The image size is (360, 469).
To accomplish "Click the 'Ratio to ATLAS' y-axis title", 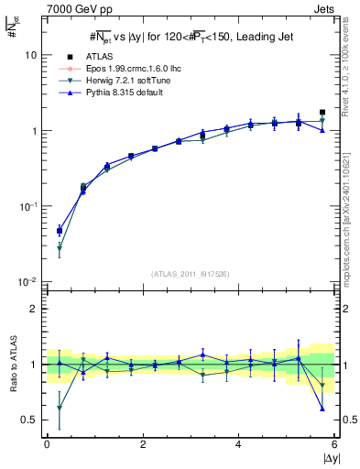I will click(13, 364).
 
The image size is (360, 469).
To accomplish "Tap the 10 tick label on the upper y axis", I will click(30, 55).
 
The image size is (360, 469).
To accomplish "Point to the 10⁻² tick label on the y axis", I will click(27, 282).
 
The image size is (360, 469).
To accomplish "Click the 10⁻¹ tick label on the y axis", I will click(27, 206).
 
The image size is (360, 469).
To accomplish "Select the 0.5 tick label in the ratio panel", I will click(27, 420).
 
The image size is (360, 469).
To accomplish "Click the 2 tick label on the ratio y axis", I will click(33, 309).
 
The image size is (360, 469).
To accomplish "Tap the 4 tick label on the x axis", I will click(238, 444).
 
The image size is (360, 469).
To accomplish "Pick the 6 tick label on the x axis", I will click(334, 444).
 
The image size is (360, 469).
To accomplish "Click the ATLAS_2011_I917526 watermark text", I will click(191, 274).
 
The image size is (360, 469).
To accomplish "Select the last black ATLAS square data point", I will click(322, 113).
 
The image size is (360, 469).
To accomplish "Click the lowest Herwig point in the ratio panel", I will click(60, 408).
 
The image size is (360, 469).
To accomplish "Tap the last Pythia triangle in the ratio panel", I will click(322, 409).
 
